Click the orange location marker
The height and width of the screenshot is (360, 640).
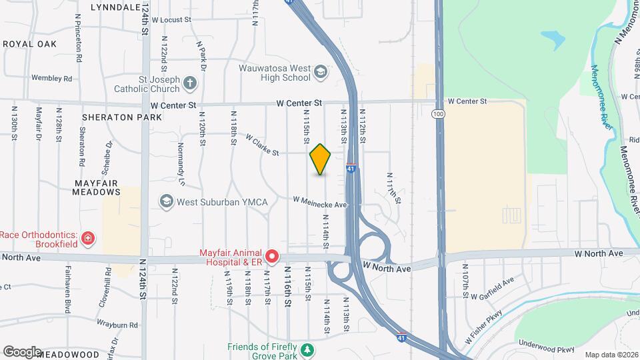[321, 159]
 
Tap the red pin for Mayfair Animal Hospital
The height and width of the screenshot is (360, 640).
[272, 256]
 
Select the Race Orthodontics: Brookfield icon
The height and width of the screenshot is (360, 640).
[87, 238]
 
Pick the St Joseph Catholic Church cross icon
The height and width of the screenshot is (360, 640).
[191, 83]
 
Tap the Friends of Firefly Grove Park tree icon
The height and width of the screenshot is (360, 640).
[307, 349]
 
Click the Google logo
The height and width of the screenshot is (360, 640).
[21, 352]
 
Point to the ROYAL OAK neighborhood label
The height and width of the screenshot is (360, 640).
[29, 44]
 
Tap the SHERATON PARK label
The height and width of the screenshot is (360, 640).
[122, 117]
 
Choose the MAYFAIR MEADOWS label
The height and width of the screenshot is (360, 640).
[97, 187]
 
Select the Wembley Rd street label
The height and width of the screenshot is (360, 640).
[51, 79]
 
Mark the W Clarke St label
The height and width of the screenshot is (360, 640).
[262, 146]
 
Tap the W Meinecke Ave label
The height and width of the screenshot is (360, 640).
[321, 202]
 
